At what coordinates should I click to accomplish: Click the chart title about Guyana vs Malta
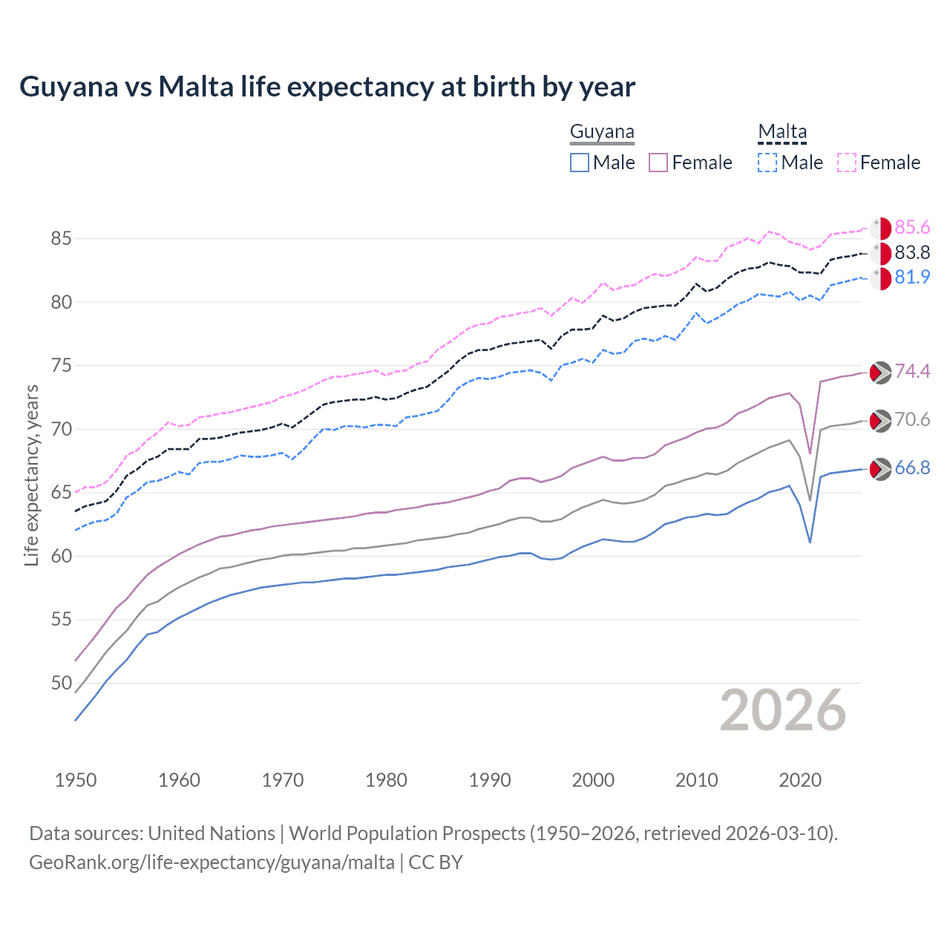point(327,87)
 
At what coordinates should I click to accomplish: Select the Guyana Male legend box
point(580,163)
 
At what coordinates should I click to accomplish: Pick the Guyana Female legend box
point(658,163)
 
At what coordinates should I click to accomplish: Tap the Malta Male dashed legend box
point(767,163)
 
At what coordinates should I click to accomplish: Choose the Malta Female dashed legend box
point(847,163)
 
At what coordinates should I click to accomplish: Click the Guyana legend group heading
point(602,132)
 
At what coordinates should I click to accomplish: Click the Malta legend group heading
point(782,132)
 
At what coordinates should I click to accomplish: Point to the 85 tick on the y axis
point(61,238)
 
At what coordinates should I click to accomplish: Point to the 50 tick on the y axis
point(61,683)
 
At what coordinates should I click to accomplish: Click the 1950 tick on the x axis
point(76,780)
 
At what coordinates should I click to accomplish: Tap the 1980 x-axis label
point(386,780)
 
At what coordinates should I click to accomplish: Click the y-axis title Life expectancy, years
point(31,475)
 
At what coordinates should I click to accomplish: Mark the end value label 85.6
point(912,227)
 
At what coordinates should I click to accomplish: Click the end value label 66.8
point(912,468)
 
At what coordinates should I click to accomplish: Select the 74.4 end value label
point(912,371)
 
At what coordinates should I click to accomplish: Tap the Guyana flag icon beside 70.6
point(880,421)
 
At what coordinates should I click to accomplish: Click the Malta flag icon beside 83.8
point(880,253)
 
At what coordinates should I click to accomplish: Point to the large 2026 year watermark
point(783,710)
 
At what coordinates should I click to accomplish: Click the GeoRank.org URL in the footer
point(212,862)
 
